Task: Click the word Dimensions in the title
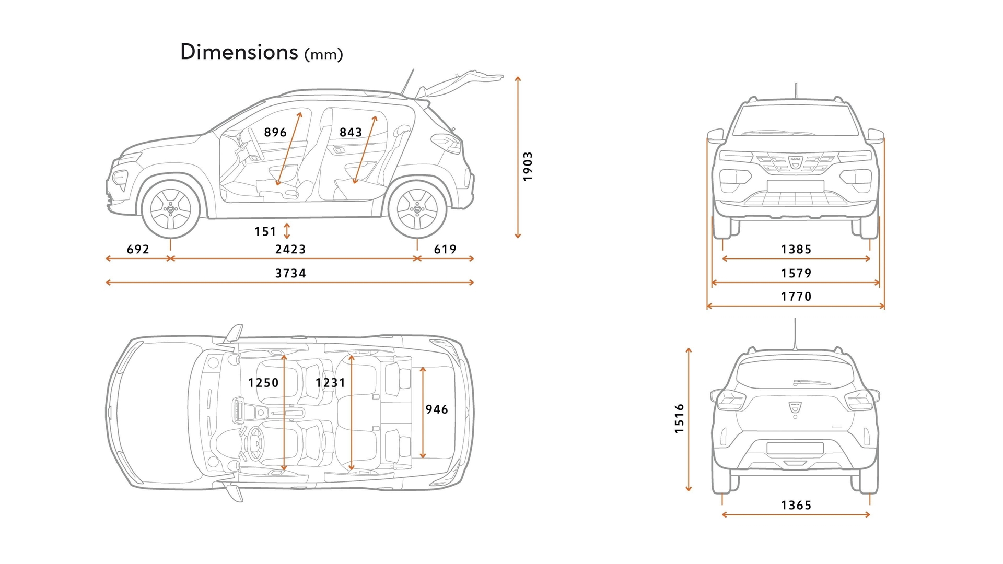click(239, 52)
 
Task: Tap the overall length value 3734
click(290, 273)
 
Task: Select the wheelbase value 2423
click(290, 249)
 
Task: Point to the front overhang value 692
click(138, 249)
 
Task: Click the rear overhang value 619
click(445, 249)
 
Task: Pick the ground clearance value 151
click(265, 231)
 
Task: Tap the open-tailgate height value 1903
click(528, 167)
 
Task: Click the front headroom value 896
click(275, 132)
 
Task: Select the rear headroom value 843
click(351, 132)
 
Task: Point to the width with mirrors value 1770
click(796, 297)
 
